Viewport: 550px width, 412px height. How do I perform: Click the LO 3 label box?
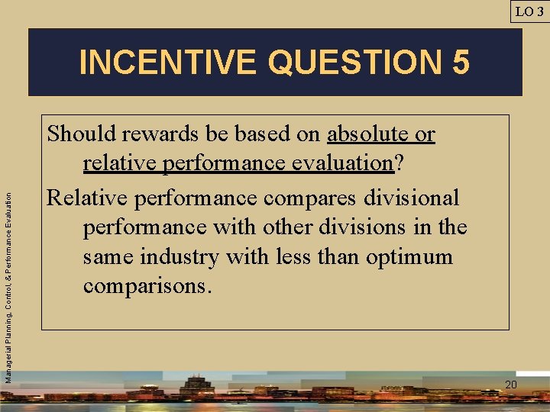tap(529, 11)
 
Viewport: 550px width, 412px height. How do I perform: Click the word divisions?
tap(372, 227)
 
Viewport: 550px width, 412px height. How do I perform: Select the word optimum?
tap(409, 256)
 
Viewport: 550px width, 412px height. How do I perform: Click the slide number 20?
tap(510, 385)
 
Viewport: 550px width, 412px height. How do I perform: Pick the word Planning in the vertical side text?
tap(8, 320)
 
